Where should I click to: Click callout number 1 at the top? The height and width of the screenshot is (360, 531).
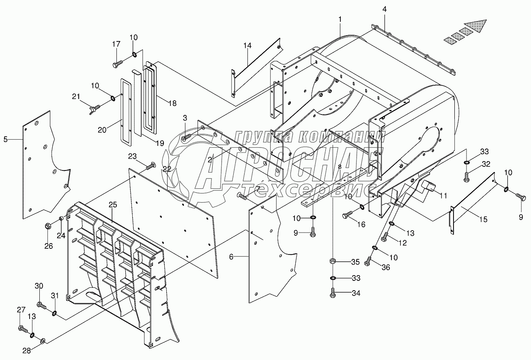[x=340, y=19]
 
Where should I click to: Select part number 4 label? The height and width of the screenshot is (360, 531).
[x=384, y=9]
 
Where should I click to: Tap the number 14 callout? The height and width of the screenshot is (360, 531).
[x=248, y=45]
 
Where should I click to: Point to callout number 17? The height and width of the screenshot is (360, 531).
[x=116, y=44]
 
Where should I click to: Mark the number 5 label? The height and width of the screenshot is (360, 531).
[x=5, y=140]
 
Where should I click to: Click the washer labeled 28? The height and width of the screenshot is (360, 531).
[x=43, y=340]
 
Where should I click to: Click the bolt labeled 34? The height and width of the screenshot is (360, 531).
[x=333, y=293]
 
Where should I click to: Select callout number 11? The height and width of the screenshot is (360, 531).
[x=443, y=196]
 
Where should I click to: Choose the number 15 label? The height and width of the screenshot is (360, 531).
[x=483, y=220]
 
